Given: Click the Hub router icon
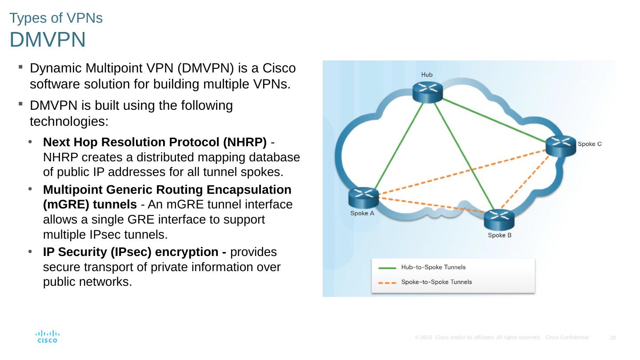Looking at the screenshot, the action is (x=428, y=92).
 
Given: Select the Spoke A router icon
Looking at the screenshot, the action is (x=364, y=198).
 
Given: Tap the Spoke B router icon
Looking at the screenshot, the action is (x=499, y=220).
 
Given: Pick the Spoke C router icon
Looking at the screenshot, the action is (x=560, y=146).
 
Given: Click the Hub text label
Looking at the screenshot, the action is (x=427, y=75).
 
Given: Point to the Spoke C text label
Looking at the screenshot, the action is (x=589, y=144).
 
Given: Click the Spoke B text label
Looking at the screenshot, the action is (x=500, y=235).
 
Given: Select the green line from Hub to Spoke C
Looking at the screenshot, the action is (x=494, y=120).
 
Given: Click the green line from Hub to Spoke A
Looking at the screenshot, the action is (x=399, y=146).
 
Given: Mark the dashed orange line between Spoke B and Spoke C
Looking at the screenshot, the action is (x=525, y=182).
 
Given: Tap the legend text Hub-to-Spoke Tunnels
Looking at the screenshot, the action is (x=433, y=267).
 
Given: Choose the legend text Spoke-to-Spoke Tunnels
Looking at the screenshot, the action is (x=436, y=282).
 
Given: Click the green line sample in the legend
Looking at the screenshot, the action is (x=387, y=268).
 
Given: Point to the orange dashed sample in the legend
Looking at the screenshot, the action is (x=387, y=283).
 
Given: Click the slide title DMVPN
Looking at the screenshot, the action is (x=48, y=40).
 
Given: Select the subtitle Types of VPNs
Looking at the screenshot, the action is (x=56, y=18).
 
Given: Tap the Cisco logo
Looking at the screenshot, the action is (x=48, y=336).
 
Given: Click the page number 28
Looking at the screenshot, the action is (x=612, y=338).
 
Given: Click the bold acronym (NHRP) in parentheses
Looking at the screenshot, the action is (x=245, y=142).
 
